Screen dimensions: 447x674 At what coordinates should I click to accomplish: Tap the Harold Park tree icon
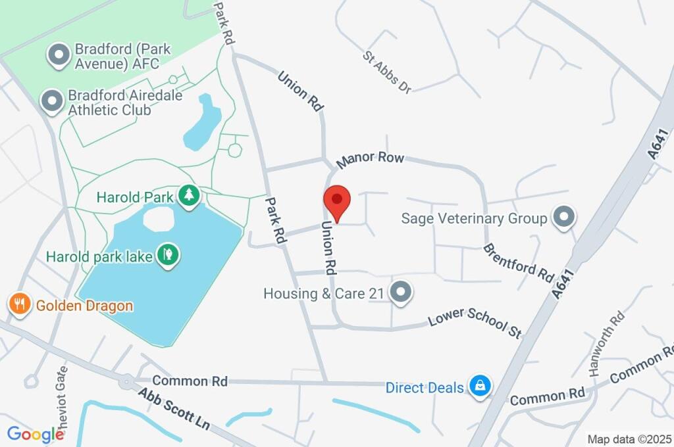190,196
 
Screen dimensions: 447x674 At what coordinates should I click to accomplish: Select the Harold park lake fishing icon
168,254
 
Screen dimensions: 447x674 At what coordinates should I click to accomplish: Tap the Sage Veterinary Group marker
563,218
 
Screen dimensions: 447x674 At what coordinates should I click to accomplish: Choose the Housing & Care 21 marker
400,293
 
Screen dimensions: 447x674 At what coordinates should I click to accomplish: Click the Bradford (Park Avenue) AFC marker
59,56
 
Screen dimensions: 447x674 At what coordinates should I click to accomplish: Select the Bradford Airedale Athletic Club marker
51,102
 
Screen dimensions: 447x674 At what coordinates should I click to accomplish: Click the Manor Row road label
370,158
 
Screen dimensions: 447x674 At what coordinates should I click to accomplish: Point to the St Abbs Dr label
387,72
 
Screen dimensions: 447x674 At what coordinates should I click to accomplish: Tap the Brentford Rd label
519,262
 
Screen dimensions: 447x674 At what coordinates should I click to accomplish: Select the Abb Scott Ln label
174,408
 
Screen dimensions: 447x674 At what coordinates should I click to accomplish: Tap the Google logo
36,435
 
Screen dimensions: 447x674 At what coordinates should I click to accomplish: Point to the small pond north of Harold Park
203,122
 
